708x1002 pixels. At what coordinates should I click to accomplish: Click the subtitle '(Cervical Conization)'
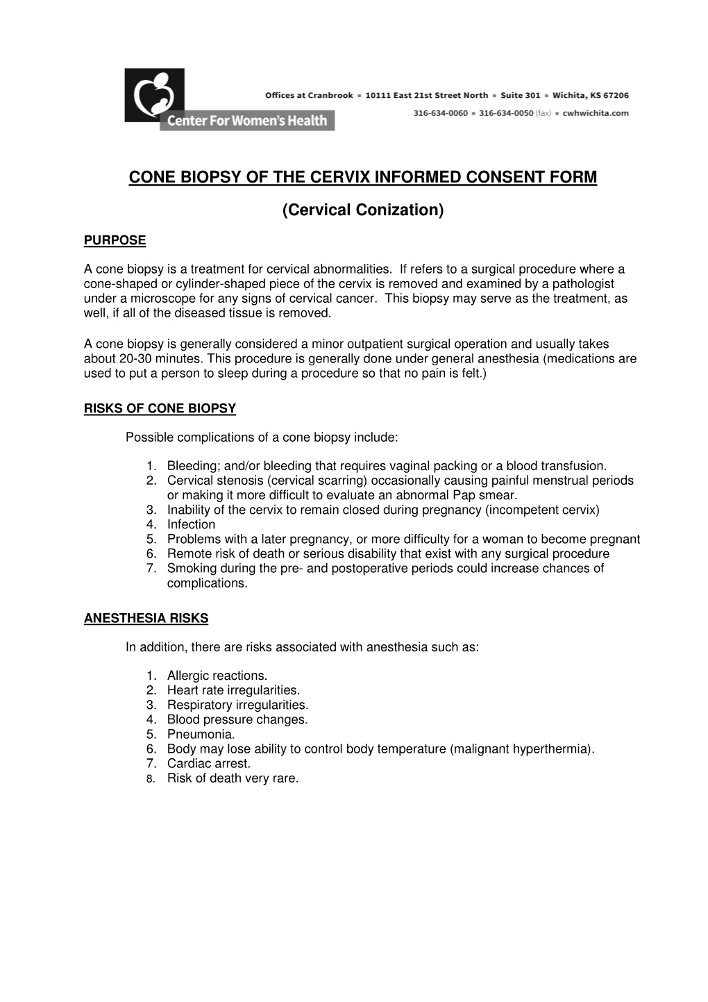[x=362, y=209]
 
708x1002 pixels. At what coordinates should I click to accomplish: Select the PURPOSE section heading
[x=115, y=241]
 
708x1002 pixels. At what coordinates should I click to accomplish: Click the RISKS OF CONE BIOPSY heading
[x=160, y=408]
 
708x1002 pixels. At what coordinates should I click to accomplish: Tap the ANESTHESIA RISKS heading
[x=146, y=618]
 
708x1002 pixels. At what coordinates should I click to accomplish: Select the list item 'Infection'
[x=191, y=524]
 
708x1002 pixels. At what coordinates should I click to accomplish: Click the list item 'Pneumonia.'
[x=201, y=734]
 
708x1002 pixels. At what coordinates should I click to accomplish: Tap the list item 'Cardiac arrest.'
[x=208, y=763]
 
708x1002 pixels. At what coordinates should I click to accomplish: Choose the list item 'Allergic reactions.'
[x=217, y=676]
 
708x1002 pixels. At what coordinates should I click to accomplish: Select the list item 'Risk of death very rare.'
[x=233, y=778]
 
